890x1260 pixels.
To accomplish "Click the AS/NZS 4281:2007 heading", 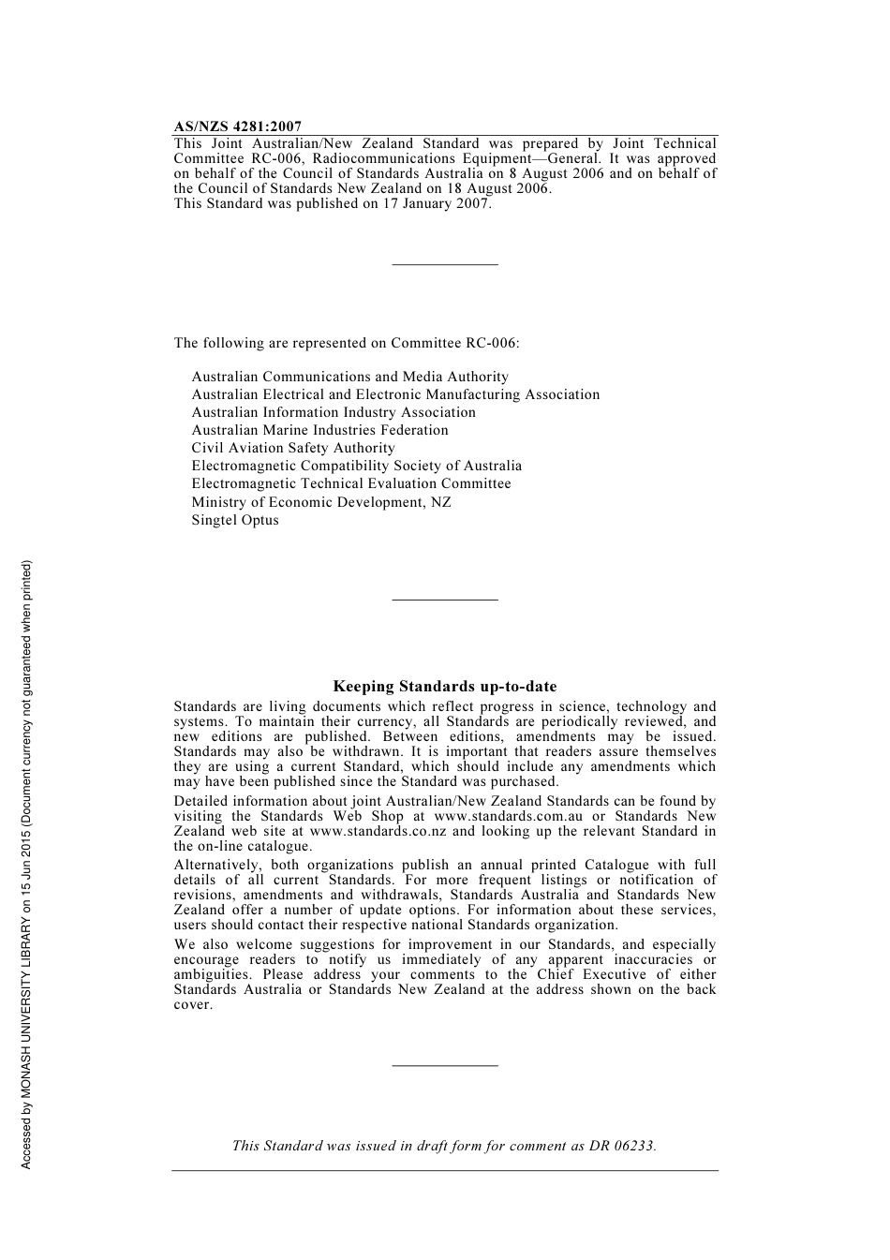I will (237, 126).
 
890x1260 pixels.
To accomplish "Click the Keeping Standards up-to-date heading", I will (444, 687).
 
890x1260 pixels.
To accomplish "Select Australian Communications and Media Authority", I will (349, 377).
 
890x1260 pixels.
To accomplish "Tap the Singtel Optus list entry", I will (235, 520).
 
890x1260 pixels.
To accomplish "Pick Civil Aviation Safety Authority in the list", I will (293, 448).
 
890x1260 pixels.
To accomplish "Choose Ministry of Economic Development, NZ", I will (321, 502).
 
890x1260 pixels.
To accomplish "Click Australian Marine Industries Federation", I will (319, 430).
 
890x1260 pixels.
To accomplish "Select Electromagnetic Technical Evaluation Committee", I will (351, 483).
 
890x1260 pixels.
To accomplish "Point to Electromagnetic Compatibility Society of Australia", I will (356, 466).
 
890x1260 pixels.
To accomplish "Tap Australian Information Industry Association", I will (334, 412).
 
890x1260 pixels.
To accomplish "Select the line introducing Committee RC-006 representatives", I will (346, 343).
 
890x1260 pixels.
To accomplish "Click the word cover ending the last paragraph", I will (192, 1005).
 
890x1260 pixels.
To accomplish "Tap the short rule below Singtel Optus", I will (444, 600).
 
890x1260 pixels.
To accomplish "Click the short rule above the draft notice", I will (444, 1065).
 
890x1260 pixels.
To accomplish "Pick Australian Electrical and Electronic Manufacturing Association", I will (395, 394).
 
